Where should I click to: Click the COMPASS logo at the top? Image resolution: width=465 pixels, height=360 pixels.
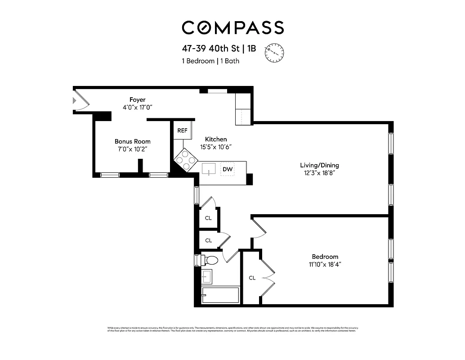pos(232,28)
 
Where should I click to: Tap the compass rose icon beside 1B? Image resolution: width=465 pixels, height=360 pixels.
pos(274,52)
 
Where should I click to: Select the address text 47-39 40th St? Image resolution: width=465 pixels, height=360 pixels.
pos(206,49)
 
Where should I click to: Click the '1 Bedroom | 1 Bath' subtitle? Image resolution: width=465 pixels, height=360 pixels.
pos(210,61)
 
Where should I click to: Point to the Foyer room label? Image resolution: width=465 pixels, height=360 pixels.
pos(137,99)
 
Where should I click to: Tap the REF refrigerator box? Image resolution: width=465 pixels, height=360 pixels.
pos(182,130)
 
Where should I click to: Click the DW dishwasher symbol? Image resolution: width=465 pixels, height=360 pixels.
pos(228,169)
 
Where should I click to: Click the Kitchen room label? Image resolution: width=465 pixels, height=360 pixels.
pos(216,139)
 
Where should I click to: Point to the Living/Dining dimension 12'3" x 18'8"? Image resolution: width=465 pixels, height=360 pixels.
pos(319,173)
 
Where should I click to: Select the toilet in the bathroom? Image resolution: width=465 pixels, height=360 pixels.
pos(210,260)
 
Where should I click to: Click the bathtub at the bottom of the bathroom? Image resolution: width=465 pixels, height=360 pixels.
pos(220,295)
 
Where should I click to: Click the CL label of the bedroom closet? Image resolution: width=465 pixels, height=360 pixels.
pos(252,278)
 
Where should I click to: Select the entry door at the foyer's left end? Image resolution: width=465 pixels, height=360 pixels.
pos(80,100)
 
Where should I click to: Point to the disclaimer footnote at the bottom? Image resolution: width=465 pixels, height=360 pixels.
pos(232,329)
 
